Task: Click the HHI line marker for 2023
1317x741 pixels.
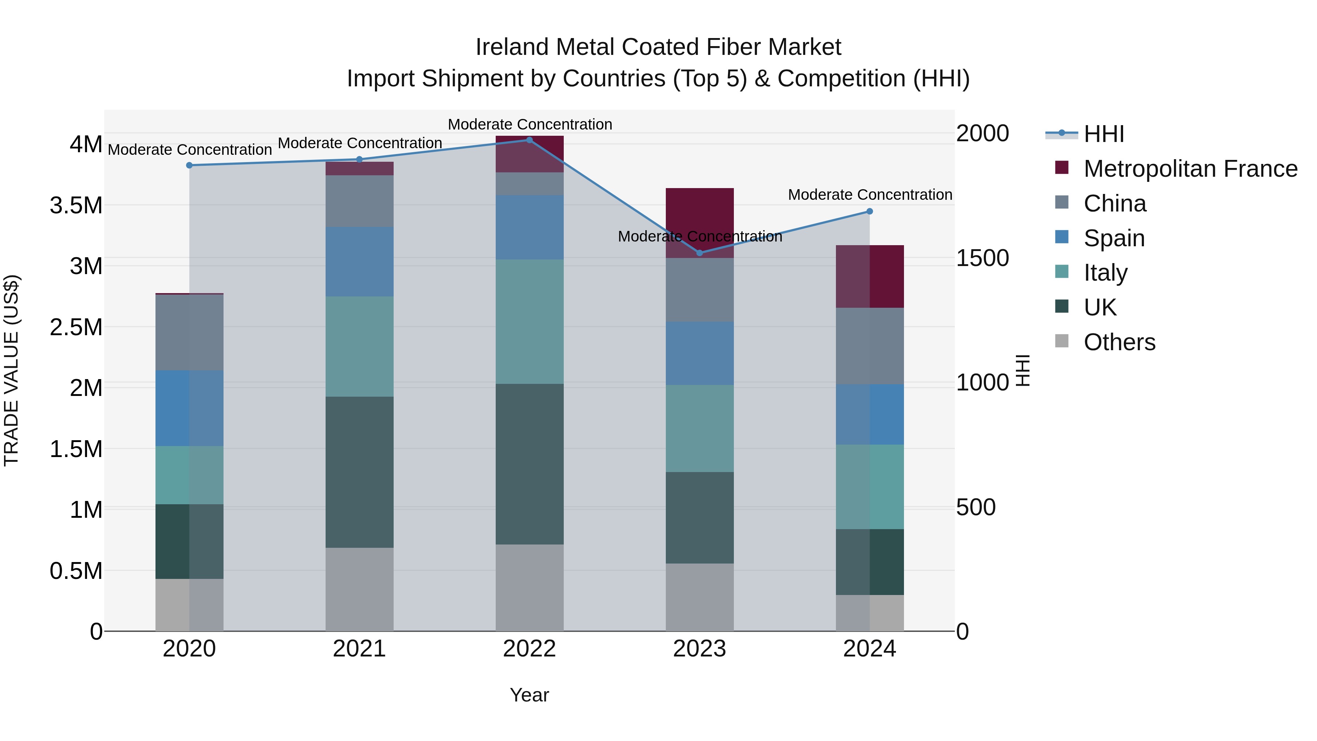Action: pyautogui.click(x=699, y=252)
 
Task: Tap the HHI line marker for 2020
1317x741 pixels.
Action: pyautogui.click(x=189, y=165)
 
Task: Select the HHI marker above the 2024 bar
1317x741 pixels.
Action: pyautogui.click(x=869, y=211)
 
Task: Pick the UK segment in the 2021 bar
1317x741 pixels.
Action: pyautogui.click(x=359, y=472)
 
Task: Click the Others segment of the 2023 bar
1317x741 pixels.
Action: pyautogui.click(x=699, y=597)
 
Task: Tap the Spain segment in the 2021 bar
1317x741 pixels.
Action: pyautogui.click(x=359, y=261)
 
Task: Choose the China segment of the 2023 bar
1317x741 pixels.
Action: pyautogui.click(x=699, y=289)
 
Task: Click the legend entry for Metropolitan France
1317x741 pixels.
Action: pyautogui.click(x=1190, y=169)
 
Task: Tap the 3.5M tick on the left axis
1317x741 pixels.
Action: pyautogui.click(x=76, y=206)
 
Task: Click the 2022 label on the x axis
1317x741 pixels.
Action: pyautogui.click(x=529, y=649)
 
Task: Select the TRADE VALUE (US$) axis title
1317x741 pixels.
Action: pyautogui.click(x=12, y=370)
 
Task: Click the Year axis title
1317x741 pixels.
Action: pyautogui.click(x=529, y=695)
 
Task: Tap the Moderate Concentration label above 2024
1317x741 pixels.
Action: pyautogui.click(x=870, y=195)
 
